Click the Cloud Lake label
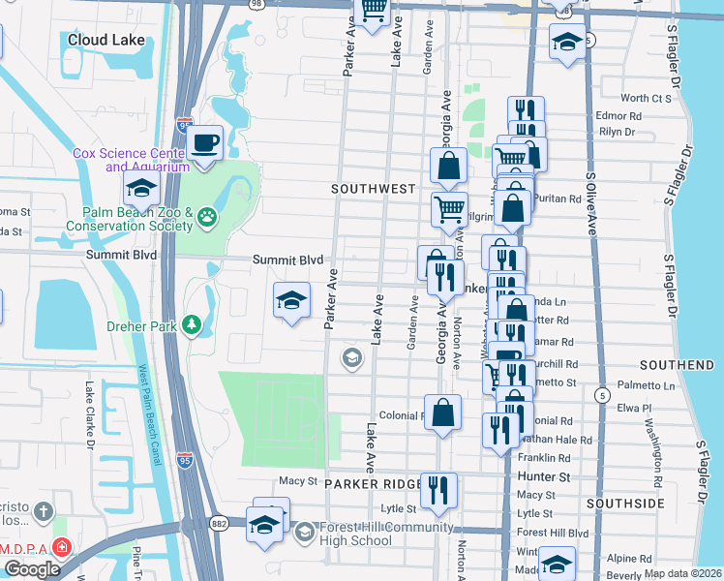pyautogui.click(x=106, y=40)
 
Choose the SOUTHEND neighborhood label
pyautogui.click(x=677, y=365)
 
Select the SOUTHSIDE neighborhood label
pyautogui.click(x=624, y=505)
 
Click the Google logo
pyautogui.click(x=32, y=568)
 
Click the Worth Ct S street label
pyautogui.click(x=646, y=98)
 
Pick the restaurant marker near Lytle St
pyautogui.click(x=440, y=489)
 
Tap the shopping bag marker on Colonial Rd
pyautogui.click(x=442, y=412)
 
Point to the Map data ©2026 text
pyautogui.click(x=682, y=573)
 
